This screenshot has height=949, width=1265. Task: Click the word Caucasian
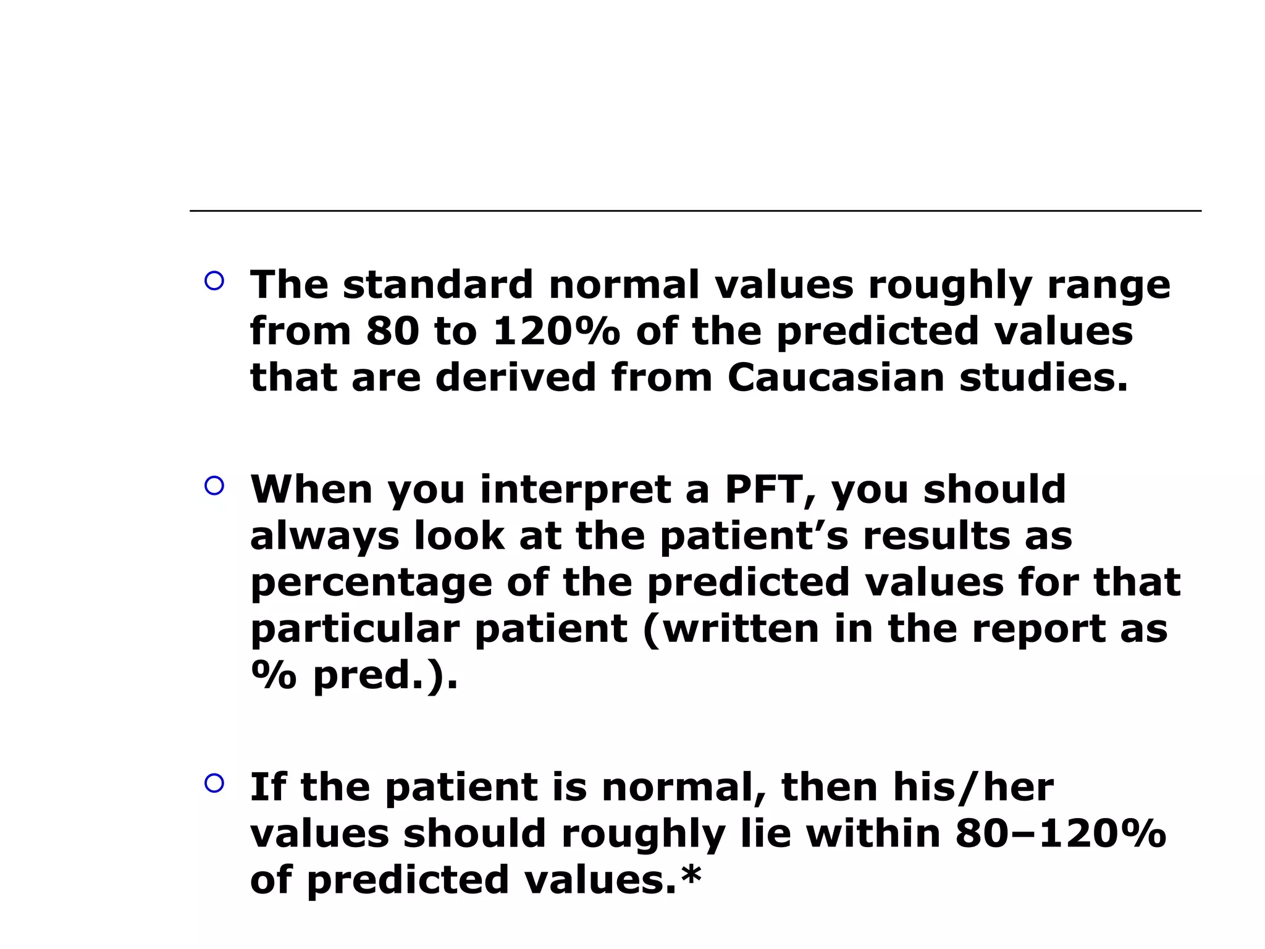(x=836, y=377)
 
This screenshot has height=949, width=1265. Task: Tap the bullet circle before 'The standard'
(x=214, y=281)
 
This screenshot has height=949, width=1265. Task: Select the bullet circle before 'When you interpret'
(x=214, y=486)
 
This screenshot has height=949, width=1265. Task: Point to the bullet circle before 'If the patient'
(x=214, y=783)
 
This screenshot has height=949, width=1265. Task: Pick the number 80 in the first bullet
(x=393, y=331)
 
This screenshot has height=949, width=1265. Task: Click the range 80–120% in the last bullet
(x=1061, y=833)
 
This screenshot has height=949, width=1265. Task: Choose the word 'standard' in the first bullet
(x=437, y=285)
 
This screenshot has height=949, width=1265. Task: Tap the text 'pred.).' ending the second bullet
(x=385, y=676)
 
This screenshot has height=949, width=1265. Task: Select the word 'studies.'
(x=1043, y=377)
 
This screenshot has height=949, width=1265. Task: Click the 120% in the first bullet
(x=557, y=331)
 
